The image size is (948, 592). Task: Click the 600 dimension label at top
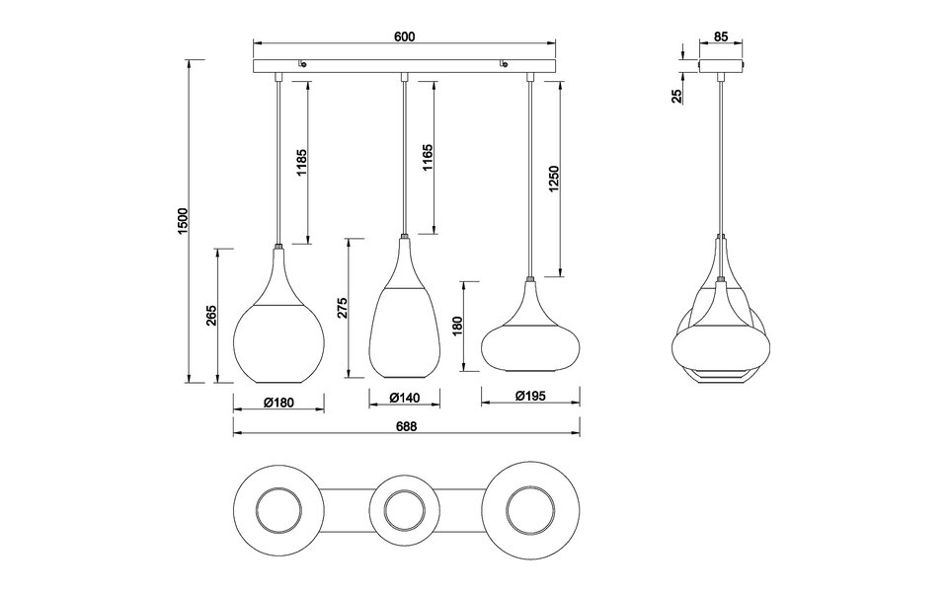[x=403, y=36]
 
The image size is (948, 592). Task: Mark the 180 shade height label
[x=456, y=326]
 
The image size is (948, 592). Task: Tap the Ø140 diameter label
[x=405, y=399]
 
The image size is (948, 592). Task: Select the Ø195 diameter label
[x=531, y=398]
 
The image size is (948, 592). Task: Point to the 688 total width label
[x=406, y=426]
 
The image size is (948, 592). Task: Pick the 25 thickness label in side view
[x=676, y=96]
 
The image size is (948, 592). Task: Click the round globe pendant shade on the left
[x=279, y=335]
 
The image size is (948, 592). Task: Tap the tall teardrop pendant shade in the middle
[x=404, y=326]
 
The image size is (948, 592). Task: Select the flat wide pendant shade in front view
[x=531, y=340]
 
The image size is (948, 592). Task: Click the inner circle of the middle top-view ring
[x=404, y=511]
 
